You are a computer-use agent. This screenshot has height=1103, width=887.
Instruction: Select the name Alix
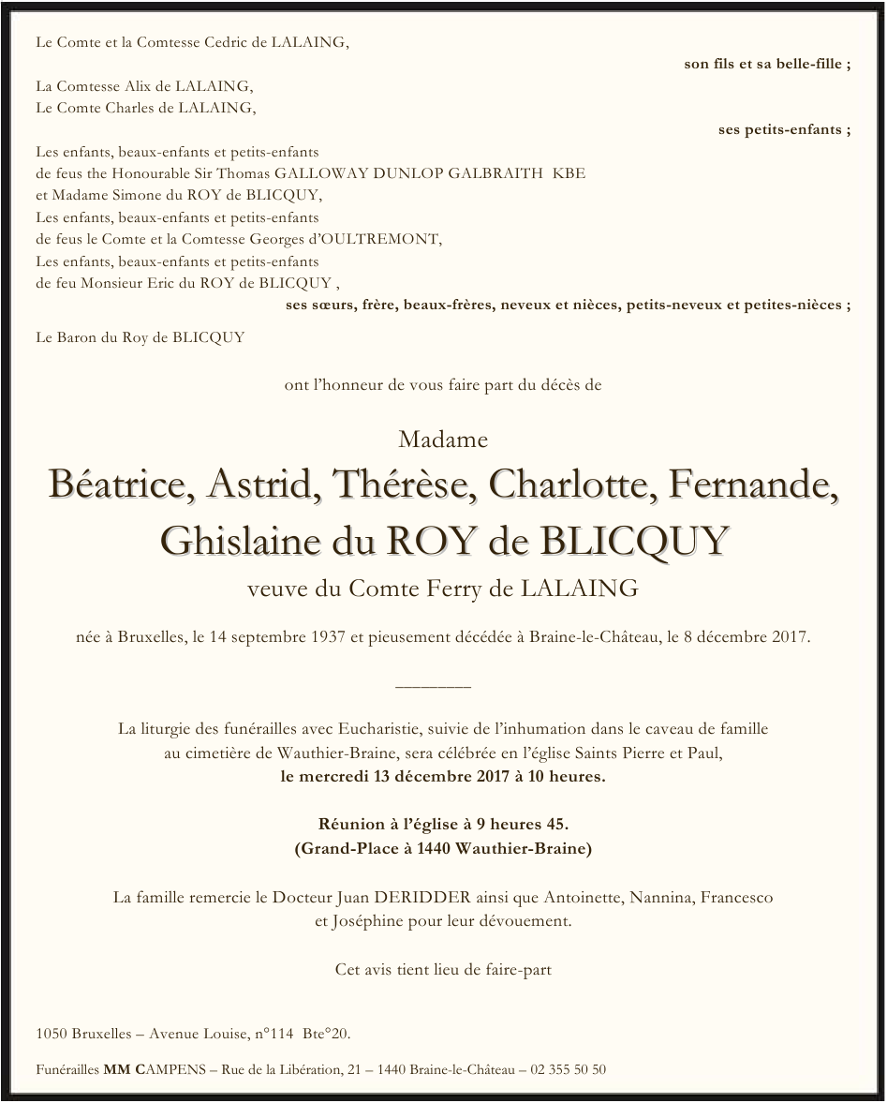click(142, 85)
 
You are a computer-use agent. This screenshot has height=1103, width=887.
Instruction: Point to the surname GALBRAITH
click(495, 173)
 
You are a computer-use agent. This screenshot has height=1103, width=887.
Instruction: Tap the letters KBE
click(569, 173)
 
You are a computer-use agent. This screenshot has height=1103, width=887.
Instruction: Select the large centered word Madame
click(443, 439)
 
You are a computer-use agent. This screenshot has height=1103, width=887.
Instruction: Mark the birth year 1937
click(328, 638)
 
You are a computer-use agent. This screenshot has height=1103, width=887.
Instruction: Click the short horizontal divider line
click(434, 687)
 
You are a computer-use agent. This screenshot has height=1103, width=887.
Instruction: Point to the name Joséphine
click(366, 921)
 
